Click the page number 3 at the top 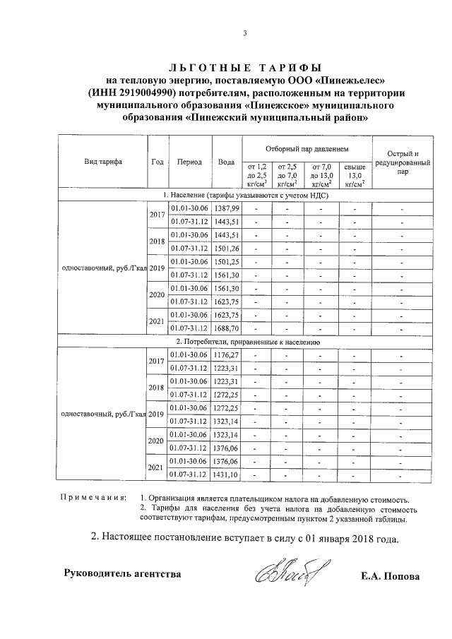(245, 32)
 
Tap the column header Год (157, 162)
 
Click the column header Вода (227, 162)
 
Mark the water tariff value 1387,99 (227, 208)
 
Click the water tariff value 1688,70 (227, 328)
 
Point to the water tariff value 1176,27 (227, 355)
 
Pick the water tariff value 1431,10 (227, 474)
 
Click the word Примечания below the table (94, 499)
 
